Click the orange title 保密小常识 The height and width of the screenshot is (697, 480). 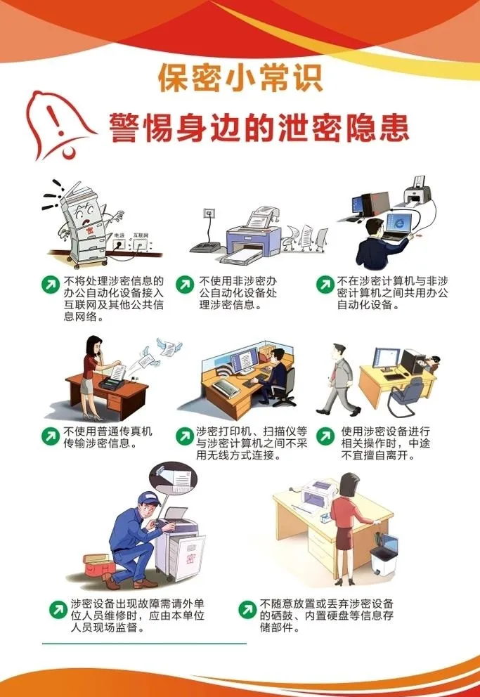(240, 78)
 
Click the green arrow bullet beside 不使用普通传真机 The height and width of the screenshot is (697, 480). (50, 436)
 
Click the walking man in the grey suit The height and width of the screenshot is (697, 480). (339, 379)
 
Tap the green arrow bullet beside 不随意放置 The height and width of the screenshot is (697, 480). (247, 609)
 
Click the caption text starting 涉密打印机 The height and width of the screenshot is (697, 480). (252, 443)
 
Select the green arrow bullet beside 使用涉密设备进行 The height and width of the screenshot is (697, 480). (325, 436)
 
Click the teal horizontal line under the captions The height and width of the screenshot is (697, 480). (145, 643)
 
